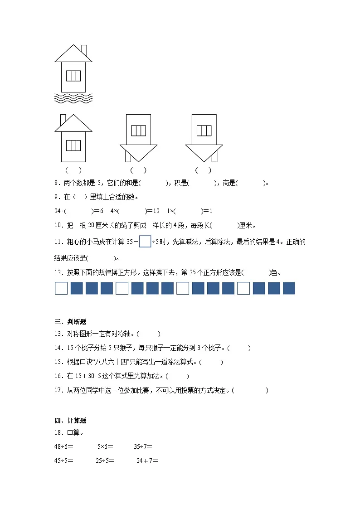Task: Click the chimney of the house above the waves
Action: (84, 49)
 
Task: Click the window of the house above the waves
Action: (73, 76)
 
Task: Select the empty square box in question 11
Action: (145, 242)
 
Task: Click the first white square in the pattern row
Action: (61, 288)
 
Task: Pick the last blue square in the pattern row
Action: (289, 288)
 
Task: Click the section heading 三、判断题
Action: (70, 322)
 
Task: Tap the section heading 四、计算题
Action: (70, 421)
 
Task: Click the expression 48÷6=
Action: (64, 447)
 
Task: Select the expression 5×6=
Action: (105, 447)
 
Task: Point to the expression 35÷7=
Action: (143, 447)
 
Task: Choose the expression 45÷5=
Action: (64, 461)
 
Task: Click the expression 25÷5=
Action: (105, 461)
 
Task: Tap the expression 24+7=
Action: (147, 461)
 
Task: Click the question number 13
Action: (58, 334)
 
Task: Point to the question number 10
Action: (58, 225)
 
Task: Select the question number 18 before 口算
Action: (58, 433)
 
